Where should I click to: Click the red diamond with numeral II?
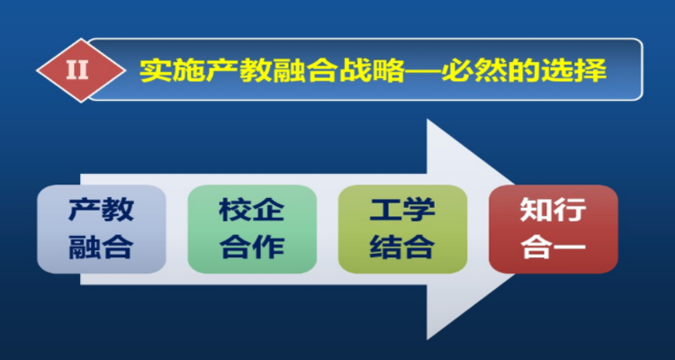tap(78, 70)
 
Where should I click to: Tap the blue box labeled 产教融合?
tap(102, 229)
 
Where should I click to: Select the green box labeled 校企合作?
tap(252, 229)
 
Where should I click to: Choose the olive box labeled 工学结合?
tap(402, 229)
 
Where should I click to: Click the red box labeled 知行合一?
tap(553, 229)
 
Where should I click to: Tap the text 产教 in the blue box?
tap(102, 211)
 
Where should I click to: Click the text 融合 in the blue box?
tap(102, 247)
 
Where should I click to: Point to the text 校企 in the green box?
tap(252, 211)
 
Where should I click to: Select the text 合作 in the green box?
tap(252, 247)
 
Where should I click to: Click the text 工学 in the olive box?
tap(402, 211)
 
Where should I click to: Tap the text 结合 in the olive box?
tap(402, 247)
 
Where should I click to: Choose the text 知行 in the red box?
tap(553, 211)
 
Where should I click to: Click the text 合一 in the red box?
tap(553, 247)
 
